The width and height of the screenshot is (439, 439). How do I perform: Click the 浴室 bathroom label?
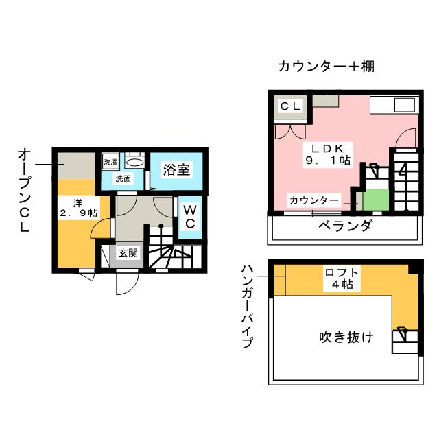click(176, 169)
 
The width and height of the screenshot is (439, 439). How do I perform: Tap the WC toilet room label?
click(190, 217)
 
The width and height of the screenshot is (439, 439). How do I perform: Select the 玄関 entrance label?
click(128, 253)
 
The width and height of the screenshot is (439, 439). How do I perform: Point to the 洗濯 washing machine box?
click(110, 162)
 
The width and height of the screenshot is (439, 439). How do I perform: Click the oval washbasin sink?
click(134, 162)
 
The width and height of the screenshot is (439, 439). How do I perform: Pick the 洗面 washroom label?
click(123, 178)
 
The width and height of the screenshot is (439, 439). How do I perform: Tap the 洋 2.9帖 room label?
click(78, 208)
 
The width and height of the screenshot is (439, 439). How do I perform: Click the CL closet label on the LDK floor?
click(290, 106)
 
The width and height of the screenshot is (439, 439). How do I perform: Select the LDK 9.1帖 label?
click(328, 155)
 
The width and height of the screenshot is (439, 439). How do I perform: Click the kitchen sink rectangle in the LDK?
click(405, 105)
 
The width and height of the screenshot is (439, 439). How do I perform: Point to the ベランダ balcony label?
click(346, 226)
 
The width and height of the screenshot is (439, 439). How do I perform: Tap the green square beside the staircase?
click(376, 200)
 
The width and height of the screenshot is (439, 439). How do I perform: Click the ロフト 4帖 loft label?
click(342, 278)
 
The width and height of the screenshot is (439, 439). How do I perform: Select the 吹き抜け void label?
click(346, 337)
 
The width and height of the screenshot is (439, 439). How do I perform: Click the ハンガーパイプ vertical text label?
click(247, 307)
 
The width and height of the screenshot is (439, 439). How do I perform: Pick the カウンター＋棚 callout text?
click(327, 67)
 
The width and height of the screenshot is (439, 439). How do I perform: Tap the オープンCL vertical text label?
click(24, 191)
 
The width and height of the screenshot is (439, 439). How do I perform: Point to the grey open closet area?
click(76, 165)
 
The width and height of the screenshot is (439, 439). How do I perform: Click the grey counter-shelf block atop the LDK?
click(326, 101)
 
